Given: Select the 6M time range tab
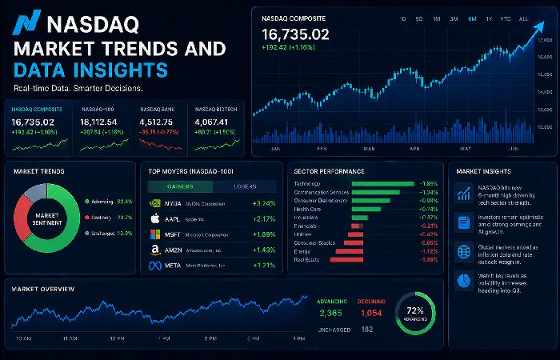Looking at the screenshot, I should click(472, 18).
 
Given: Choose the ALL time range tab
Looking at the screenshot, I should click(523, 18).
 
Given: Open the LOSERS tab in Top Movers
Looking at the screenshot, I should click(244, 186).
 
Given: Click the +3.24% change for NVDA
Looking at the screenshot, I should click(264, 203).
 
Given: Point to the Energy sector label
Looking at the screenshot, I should click(304, 251).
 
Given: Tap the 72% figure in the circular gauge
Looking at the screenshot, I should click(415, 308).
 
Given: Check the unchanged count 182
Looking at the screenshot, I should click(367, 329).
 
